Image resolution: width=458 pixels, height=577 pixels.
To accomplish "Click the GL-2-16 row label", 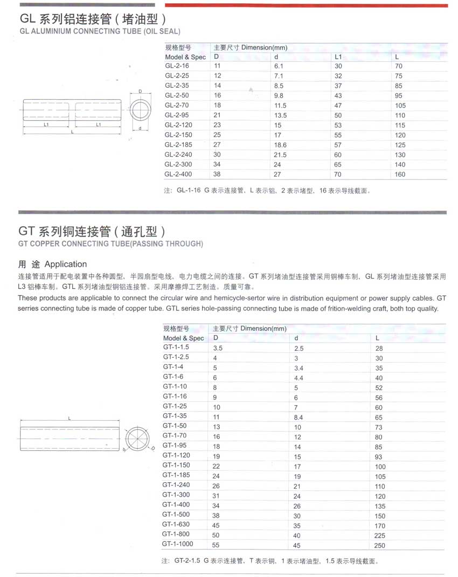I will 177,66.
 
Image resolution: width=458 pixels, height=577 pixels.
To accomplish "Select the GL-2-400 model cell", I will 178,174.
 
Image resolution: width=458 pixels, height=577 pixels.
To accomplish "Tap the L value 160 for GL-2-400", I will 400,175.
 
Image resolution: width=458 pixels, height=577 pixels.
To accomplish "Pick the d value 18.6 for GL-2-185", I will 280,145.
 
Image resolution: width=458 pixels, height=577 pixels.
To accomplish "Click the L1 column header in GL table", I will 338,57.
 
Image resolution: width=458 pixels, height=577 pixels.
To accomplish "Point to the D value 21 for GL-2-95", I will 218,115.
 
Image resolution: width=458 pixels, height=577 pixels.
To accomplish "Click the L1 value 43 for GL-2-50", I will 338,96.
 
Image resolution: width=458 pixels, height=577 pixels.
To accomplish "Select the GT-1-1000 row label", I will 177,544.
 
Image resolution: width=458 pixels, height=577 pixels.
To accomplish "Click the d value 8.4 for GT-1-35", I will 299,418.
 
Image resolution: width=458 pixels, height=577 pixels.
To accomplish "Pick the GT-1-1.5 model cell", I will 176,347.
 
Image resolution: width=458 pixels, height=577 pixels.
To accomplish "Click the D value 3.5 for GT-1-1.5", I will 218,349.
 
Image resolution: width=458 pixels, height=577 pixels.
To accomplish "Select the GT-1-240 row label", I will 176,485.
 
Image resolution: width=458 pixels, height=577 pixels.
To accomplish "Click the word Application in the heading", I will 66,264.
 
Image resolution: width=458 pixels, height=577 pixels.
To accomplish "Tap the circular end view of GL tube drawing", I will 140,110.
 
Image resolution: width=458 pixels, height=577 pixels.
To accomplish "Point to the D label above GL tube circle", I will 140,92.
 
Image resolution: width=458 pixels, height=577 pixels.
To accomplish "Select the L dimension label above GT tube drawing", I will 70,418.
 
